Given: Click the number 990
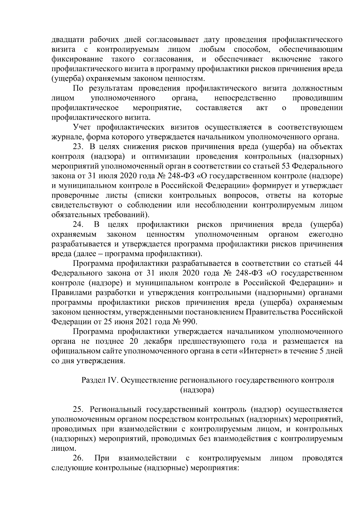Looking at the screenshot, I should pyautogui.click(x=189, y=322).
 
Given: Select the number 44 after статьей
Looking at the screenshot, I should pyautogui.click(x=338, y=264).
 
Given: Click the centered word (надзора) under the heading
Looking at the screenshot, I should pyautogui.click(x=197, y=390).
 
